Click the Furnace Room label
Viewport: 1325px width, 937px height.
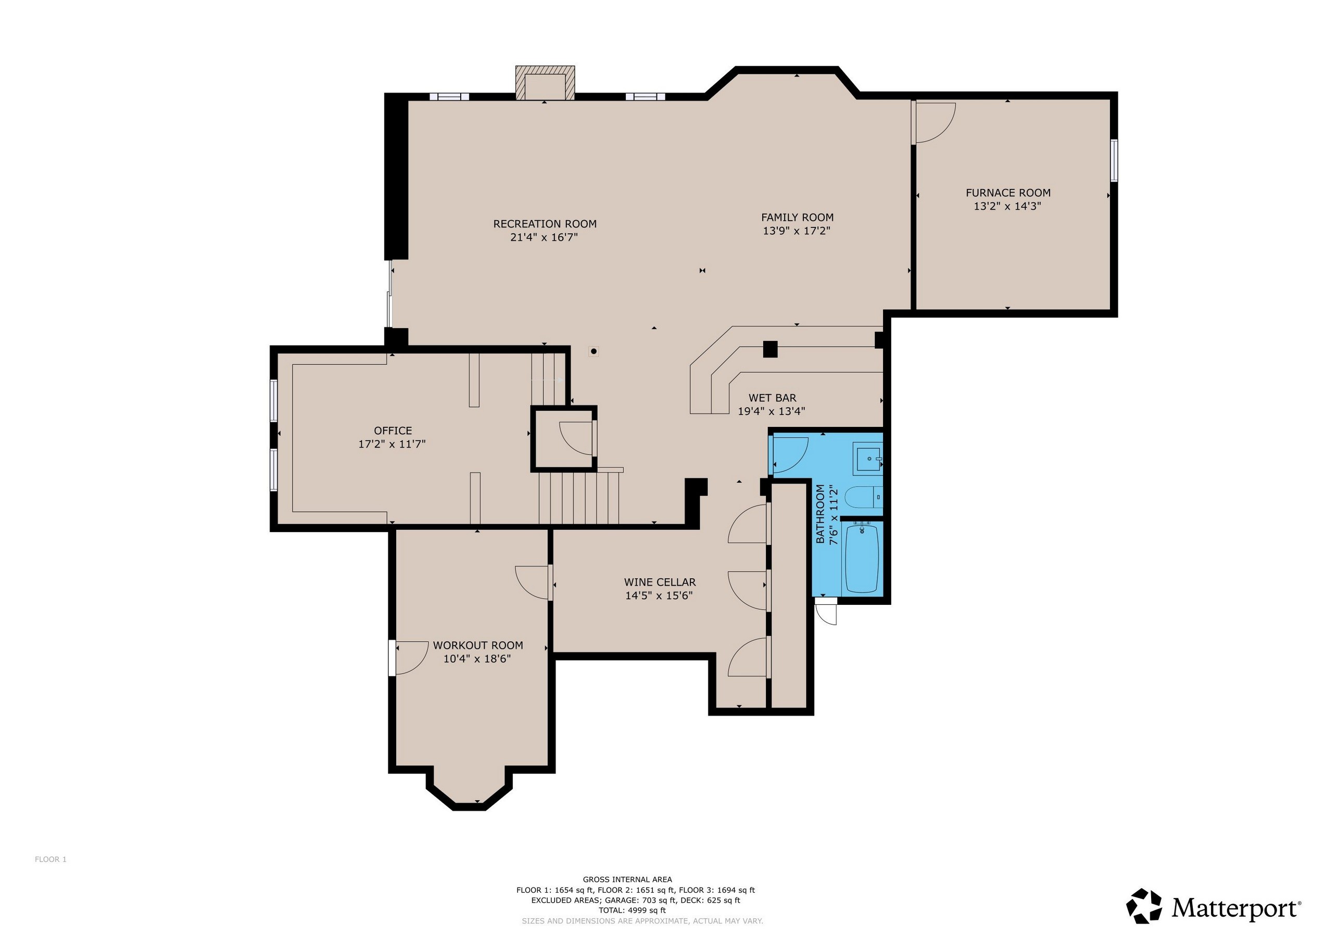(1007, 193)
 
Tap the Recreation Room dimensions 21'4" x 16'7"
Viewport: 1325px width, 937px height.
(544, 237)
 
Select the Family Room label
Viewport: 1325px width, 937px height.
(797, 218)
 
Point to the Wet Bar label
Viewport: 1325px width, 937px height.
(772, 398)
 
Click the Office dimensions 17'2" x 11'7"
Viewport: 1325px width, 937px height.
(393, 444)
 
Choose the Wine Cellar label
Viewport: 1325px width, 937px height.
(660, 582)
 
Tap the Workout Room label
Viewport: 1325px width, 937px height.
(478, 645)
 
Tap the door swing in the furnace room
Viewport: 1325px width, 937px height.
(933, 123)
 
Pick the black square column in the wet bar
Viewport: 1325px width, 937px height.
(770, 349)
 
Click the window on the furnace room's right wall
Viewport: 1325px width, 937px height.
(1114, 160)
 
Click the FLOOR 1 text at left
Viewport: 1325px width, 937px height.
(51, 859)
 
